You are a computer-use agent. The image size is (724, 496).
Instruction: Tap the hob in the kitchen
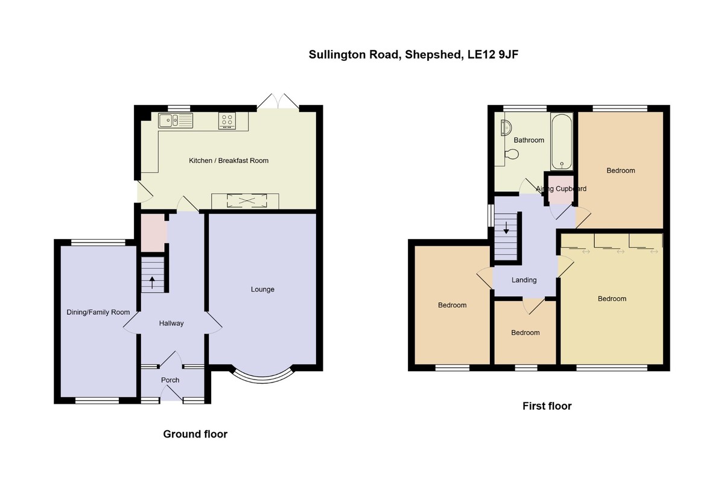pos(228,121)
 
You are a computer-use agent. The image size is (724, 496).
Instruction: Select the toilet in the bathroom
pos(512,154)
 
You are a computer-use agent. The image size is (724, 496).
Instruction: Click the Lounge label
pos(262,290)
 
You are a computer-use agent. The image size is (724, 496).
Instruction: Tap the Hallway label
pos(171,323)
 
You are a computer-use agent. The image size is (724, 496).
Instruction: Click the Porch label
pos(170,380)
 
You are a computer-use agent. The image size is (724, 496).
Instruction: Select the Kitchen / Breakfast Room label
pos(229,161)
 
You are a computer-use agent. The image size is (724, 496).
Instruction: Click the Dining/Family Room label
pos(98,313)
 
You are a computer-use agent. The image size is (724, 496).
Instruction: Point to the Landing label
pos(524,280)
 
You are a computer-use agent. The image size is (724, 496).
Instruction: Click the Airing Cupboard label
pos(561,189)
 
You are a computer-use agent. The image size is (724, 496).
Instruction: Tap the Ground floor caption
pos(195,434)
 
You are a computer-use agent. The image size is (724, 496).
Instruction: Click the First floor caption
pos(547,406)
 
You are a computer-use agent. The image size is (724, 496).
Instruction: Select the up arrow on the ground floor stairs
pos(151,282)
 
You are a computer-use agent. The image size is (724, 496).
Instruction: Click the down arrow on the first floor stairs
pos(506,228)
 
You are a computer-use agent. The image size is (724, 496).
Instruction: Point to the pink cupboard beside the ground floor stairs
pos(153,232)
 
